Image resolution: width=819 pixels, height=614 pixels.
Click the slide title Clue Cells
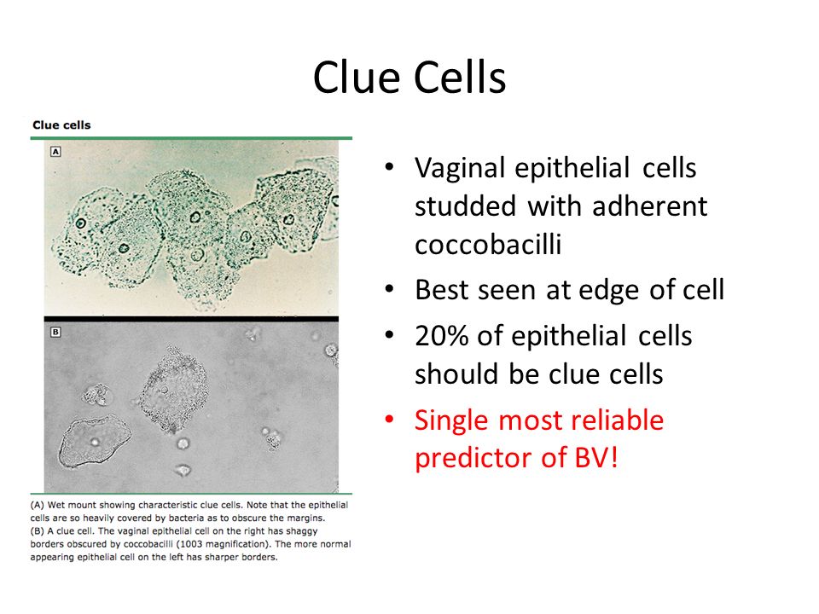[x=409, y=78]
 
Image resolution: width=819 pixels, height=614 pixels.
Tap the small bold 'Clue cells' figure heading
[x=61, y=125]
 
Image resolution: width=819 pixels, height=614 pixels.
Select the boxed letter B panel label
[x=55, y=333]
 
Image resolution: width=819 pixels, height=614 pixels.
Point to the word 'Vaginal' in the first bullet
[x=460, y=168]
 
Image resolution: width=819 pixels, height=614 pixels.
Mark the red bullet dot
[x=390, y=420]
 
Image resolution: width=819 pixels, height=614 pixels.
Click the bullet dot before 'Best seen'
[x=390, y=291]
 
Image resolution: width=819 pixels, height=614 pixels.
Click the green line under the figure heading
[x=191, y=137]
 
